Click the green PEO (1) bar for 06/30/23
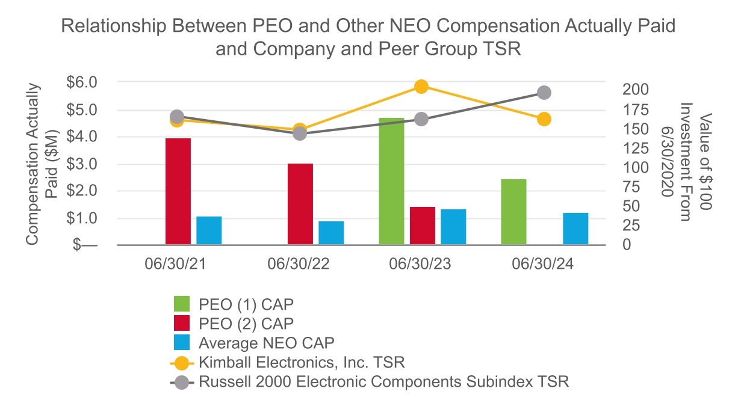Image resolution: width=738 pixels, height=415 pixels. [x=391, y=181]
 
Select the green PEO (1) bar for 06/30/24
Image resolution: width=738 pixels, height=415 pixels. [x=513, y=212]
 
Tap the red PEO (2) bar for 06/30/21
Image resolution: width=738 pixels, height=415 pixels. [x=178, y=191]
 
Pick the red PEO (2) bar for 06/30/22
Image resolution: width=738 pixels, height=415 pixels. [x=300, y=204]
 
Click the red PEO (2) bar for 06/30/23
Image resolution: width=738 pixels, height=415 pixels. [x=422, y=226]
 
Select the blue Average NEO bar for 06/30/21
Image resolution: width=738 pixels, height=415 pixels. [x=209, y=230]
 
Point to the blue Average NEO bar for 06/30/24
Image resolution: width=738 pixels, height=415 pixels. [x=575, y=229]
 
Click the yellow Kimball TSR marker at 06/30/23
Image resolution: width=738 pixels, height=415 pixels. [x=421, y=87]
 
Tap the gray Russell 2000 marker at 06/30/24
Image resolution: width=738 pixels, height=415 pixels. [x=544, y=93]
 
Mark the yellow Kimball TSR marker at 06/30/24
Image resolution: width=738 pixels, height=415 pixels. [x=544, y=119]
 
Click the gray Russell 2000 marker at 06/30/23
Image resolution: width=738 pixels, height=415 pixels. [x=421, y=119]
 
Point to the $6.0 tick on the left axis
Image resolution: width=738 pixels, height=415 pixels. [x=82, y=82]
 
